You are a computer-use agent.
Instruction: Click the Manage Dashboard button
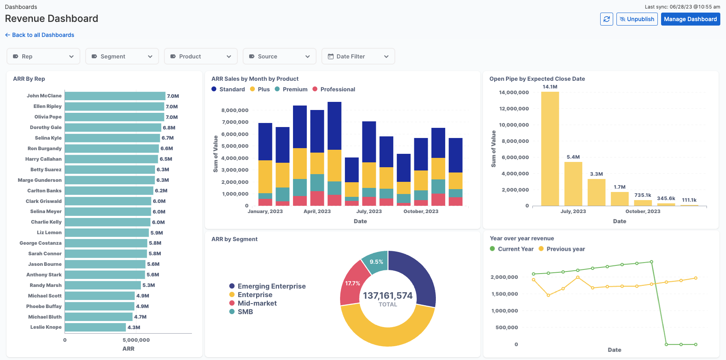pos(690,19)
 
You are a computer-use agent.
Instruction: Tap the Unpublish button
pos(637,19)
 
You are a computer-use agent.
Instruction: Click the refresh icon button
pos(606,19)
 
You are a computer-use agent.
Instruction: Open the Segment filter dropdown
pos(122,56)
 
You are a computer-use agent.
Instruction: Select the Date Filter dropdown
pos(358,56)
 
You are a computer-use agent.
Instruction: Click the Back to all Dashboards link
pos(40,35)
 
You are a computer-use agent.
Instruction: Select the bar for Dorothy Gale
pos(113,127)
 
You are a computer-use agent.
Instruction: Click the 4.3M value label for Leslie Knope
pos(134,328)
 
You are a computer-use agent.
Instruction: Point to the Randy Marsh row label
pos(45,285)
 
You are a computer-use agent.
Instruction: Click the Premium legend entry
pos(291,89)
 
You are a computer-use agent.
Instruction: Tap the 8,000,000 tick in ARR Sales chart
pos(235,110)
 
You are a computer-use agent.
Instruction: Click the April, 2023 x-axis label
pos(317,211)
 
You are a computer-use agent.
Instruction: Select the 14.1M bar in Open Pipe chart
pos(550,149)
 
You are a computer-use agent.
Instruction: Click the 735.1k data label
pos(642,195)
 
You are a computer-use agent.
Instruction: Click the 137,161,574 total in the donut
pos(388,296)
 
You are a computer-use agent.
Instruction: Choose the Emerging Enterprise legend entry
pos(267,286)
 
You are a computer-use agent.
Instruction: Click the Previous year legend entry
pos(562,249)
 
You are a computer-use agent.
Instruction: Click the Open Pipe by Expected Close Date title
pos(537,79)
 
